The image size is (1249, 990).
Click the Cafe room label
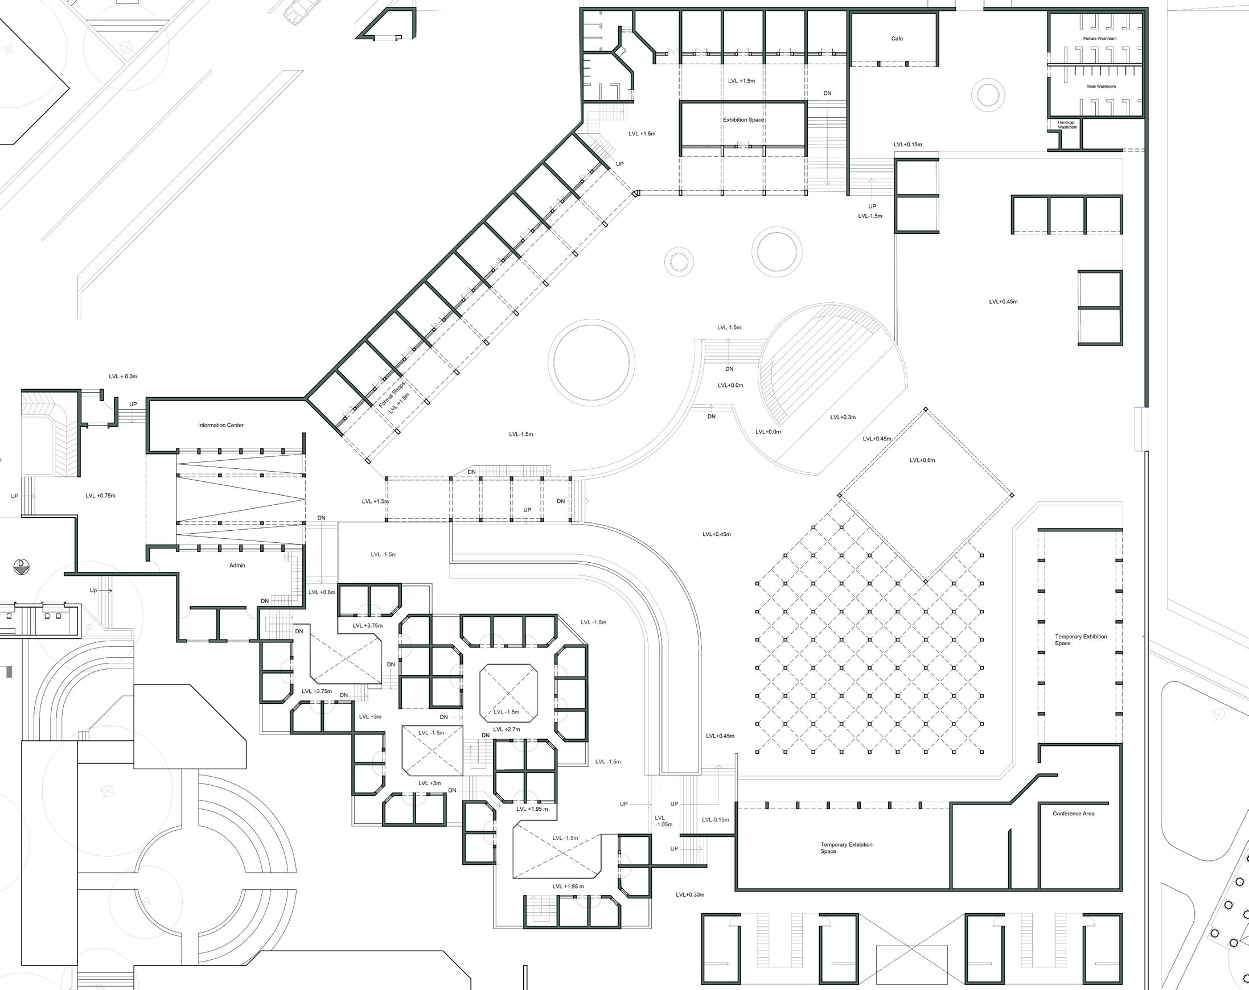coord(897,39)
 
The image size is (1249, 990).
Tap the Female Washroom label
coord(1099,39)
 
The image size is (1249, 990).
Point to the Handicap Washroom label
coord(1066,125)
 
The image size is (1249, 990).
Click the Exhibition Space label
coord(743,120)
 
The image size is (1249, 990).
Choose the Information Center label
coord(221,425)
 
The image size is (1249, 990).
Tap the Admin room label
coord(237,566)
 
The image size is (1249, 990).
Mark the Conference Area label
coord(1074,814)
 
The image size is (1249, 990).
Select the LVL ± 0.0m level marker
coord(123,376)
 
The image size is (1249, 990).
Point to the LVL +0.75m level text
coord(100,496)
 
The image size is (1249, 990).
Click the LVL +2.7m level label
coord(506,729)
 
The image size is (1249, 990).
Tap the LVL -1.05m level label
coord(663,821)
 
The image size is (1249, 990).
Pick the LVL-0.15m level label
coord(715,820)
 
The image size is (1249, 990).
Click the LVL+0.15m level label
coord(908,145)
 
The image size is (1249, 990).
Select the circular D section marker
coord(22,565)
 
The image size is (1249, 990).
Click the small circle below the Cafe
coord(987,94)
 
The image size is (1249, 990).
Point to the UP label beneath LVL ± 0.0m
coord(133,404)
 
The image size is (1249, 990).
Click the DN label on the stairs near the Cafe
coord(827,93)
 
